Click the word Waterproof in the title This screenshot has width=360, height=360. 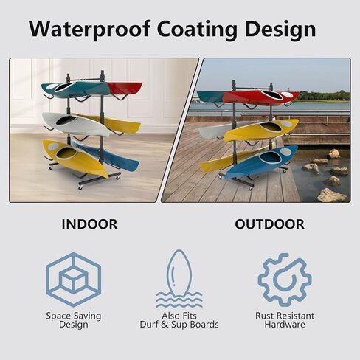click(x=89, y=30)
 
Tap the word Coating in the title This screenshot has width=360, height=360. click(x=197, y=30)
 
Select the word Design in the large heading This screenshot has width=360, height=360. click(x=280, y=30)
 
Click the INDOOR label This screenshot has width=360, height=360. click(x=89, y=224)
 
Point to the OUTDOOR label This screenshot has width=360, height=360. click(x=269, y=224)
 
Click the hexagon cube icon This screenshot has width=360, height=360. click(x=73, y=280)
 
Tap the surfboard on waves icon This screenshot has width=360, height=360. click(x=179, y=279)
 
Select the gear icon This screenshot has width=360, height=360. click(x=285, y=280)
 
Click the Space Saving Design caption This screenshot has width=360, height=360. click(x=73, y=320)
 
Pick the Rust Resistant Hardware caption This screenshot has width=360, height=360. click(x=285, y=320)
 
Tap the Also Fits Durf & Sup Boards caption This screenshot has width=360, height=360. click(x=179, y=320)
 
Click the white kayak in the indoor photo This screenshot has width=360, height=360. click(x=75, y=124)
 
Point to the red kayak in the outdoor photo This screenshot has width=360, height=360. click(x=260, y=97)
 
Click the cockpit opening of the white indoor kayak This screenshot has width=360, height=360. click(x=66, y=120)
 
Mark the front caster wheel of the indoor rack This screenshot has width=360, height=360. click(x=80, y=186)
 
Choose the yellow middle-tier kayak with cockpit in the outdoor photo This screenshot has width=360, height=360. click(x=261, y=131)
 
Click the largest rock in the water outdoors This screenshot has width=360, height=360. click(x=333, y=195)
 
